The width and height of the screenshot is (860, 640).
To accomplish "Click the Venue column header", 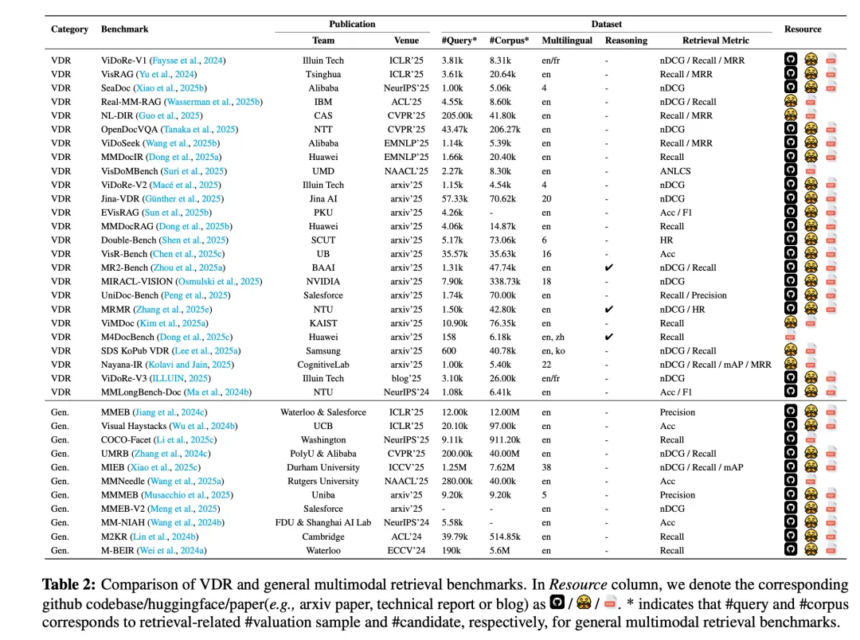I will pyautogui.click(x=406, y=41).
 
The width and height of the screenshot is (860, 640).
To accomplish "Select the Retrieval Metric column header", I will pyautogui.click(x=716, y=41).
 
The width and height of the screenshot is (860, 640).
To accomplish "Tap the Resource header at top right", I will pyautogui.click(x=803, y=29).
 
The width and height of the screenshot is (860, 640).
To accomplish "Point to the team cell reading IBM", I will pyautogui.click(x=323, y=102).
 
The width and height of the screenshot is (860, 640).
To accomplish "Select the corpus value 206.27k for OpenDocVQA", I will pyautogui.click(x=505, y=129).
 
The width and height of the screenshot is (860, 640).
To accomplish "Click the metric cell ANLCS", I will pyautogui.click(x=674, y=171).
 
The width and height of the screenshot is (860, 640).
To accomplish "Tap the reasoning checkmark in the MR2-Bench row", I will pyautogui.click(x=609, y=267).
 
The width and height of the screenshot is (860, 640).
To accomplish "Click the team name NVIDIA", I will pyautogui.click(x=323, y=282).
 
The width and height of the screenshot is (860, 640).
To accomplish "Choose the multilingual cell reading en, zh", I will pyautogui.click(x=556, y=337).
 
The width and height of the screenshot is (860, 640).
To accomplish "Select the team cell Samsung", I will pyautogui.click(x=323, y=351).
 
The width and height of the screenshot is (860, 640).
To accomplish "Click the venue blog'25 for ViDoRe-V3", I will pyautogui.click(x=406, y=378).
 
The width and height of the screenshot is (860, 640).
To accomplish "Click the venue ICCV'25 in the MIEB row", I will pyautogui.click(x=406, y=467).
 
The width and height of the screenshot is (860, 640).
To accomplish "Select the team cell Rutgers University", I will pyautogui.click(x=323, y=481).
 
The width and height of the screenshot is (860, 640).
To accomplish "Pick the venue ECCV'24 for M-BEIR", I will pyautogui.click(x=406, y=550).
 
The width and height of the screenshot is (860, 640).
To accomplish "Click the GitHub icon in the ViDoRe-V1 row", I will pyautogui.click(x=790, y=60).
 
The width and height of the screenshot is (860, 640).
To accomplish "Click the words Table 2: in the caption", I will pyautogui.click(x=69, y=584).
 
